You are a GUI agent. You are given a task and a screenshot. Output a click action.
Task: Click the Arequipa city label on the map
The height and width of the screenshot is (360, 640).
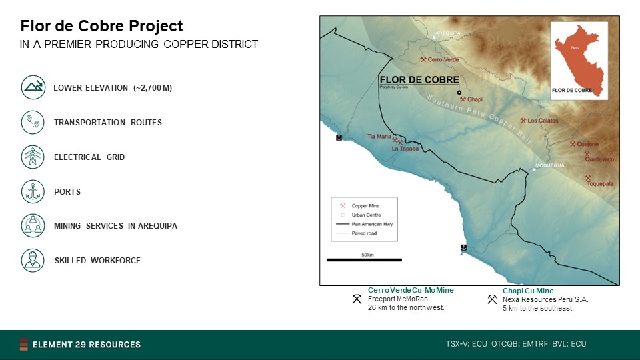[x=448, y=33]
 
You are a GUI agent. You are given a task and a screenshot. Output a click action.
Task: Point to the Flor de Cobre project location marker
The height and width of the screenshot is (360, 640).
[x=459, y=93]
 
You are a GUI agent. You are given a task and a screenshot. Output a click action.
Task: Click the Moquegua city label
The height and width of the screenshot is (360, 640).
[x=550, y=165]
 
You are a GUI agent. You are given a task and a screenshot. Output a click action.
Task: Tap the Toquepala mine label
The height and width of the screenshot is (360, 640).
[x=600, y=184]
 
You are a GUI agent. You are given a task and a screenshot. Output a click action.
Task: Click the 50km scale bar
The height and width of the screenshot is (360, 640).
[x=364, y=259]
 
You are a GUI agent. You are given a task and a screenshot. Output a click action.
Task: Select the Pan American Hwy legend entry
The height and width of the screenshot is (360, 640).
[x=364, y=224]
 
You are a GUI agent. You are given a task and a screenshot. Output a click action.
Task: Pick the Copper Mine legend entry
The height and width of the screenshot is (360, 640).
[x=360, y=206]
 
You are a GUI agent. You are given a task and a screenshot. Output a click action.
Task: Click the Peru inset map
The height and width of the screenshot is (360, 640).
[x=579, y=61]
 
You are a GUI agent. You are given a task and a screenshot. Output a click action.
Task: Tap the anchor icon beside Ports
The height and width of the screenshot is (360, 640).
[x=33, y=191]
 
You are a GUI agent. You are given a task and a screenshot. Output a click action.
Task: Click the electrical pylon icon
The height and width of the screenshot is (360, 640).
[x=33, y=157]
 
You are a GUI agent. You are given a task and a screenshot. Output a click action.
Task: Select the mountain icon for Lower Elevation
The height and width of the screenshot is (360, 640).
[x=33, y=87]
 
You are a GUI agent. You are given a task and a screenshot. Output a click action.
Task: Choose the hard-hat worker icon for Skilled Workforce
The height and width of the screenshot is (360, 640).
[x=33, y=261]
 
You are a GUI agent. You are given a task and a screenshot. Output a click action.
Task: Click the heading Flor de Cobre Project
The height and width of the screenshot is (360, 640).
[x=101, y=26]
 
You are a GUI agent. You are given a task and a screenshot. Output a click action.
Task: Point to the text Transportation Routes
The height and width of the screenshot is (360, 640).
[x=108, y=123]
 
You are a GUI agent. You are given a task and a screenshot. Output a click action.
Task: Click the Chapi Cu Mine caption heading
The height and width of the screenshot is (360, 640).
[x=528, y=291]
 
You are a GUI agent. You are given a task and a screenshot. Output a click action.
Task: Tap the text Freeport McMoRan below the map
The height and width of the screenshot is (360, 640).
[x=397, y=299]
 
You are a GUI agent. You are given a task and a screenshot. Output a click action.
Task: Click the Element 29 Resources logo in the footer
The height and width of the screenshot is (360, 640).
[x=80, y=345]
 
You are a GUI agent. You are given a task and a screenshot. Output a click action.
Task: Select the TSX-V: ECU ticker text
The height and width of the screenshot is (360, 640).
[x=467, y=344]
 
